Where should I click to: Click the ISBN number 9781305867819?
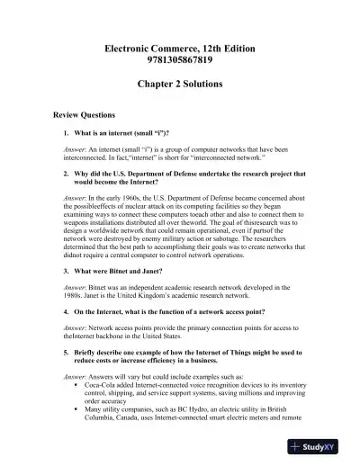point(179,58)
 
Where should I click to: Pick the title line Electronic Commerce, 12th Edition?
point(179,44)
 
